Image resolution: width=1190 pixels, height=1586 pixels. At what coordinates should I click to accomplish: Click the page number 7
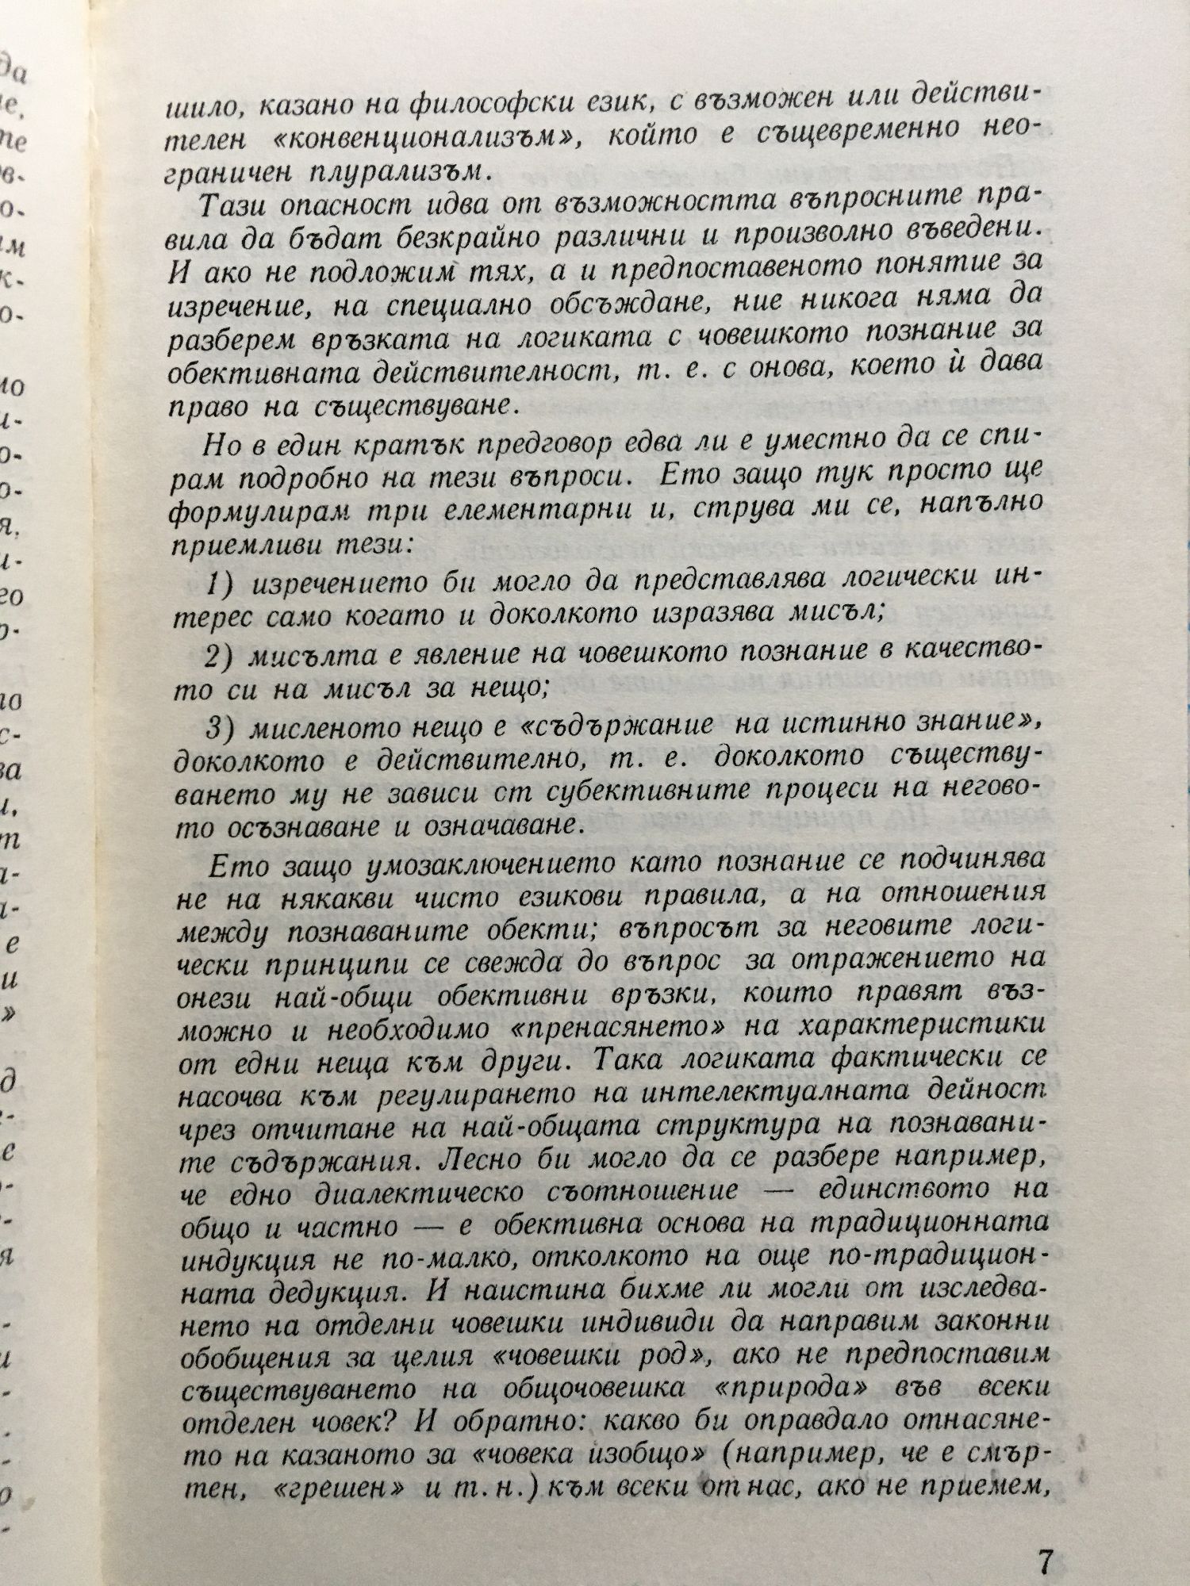click(1044, 1539)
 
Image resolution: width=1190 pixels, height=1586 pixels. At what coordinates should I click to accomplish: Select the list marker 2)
click(221, 657)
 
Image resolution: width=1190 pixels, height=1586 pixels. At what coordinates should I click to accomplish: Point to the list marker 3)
click(221, 727)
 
